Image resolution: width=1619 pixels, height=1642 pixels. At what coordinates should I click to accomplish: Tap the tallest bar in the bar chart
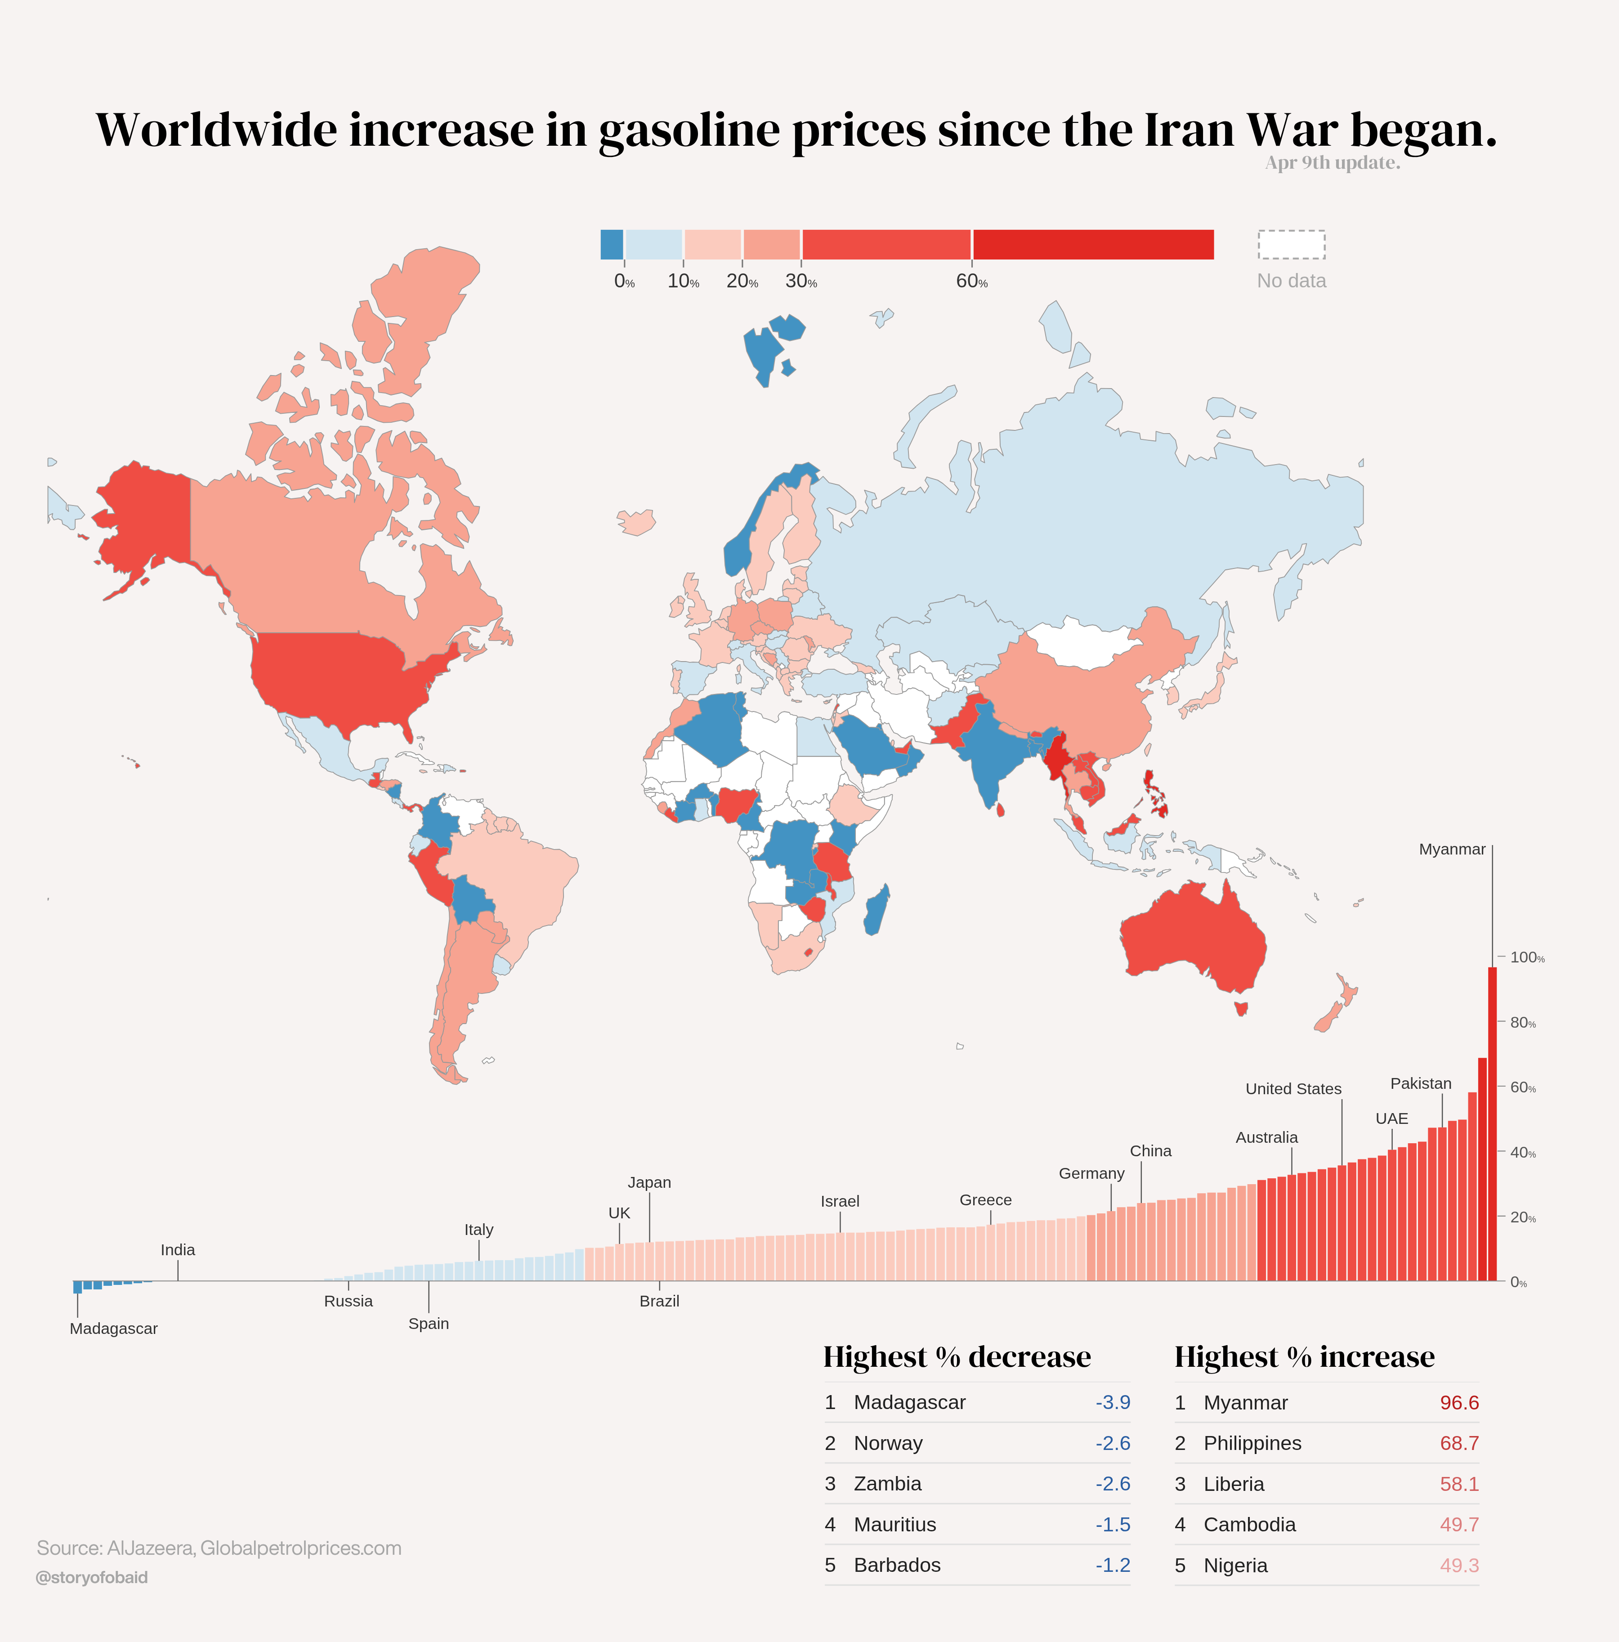[x=1492, y=1122]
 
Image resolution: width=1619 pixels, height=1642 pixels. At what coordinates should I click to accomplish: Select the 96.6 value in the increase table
[x=1458, y=1402]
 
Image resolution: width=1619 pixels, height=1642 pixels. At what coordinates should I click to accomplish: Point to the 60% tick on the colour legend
[x=971, y=282]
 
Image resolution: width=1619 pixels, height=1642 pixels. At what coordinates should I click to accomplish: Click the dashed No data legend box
[x=1291, y=245]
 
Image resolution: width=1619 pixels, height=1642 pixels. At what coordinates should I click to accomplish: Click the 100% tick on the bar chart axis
[x=1526, y=958]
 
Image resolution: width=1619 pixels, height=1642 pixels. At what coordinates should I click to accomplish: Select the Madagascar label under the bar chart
[x=114, y=1329]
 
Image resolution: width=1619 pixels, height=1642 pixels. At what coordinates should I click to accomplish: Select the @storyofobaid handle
[x=92, y=1577]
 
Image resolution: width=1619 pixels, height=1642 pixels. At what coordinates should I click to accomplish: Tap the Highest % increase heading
[x=1304, y=1356]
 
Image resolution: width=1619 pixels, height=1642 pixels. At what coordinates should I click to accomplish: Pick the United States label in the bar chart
[x=1293, y=1089]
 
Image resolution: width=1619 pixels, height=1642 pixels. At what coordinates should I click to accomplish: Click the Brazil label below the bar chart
[x=659, y=1301]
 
